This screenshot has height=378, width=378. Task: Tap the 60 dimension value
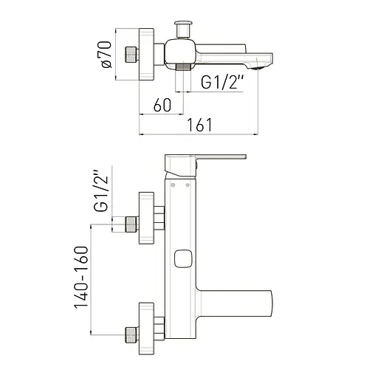click(162, 105)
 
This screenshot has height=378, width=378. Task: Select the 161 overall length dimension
click(199, 125)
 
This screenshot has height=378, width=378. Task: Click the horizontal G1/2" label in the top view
click(222, 82)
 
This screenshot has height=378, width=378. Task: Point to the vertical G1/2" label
click(101, 190)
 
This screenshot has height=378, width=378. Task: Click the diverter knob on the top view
click(183, 29)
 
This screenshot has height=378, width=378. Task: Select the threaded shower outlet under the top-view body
click(183, 67)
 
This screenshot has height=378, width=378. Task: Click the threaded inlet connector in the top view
click(131, 55)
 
